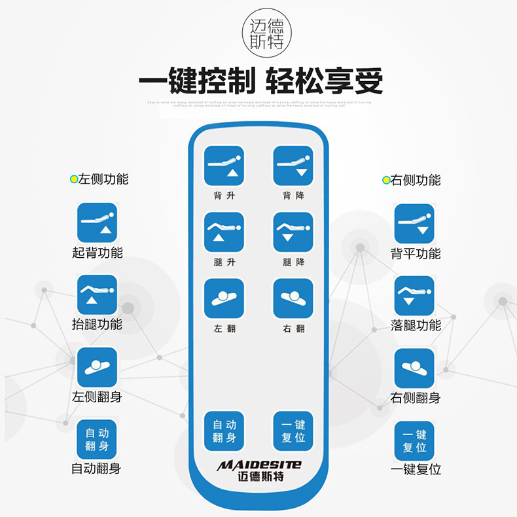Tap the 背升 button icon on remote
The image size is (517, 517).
pos(224,166)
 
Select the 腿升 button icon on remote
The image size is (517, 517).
pos(224,232)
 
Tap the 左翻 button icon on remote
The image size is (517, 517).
pos(224,299)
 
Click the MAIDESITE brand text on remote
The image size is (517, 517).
pos(259,465)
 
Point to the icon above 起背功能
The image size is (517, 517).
pos(98,223)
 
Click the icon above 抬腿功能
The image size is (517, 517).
pos(98,295)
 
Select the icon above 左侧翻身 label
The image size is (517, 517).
pos(98,367)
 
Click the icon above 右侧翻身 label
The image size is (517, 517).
pos(414,368)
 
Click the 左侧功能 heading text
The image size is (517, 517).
pos(103,179)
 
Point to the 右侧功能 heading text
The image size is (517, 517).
pos(416,180)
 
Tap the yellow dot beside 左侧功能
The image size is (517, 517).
pos(74,179)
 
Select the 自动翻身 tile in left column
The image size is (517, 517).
pos(98,439)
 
